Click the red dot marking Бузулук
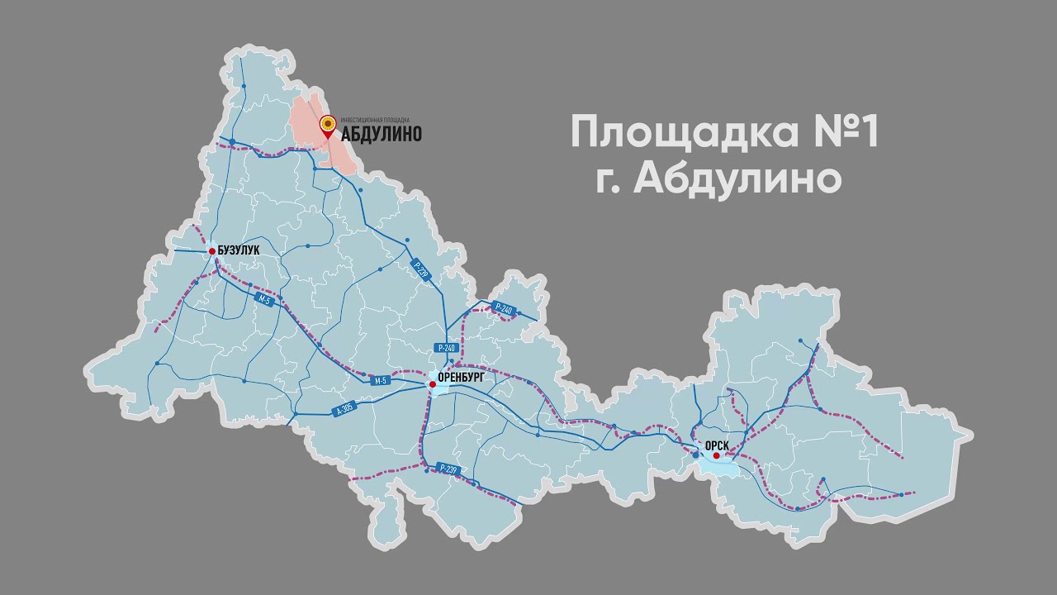(x=212, y=251)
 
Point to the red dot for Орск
(x=717, y=455)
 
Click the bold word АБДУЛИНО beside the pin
(x=382, y=134)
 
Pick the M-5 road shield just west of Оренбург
(x=381, y=380)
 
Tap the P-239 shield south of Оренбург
(x=448, y=469)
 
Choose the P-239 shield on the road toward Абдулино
(x=421, y=272)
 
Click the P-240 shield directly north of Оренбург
(x=447, y=348)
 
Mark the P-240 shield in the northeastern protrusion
(x=502, y=310)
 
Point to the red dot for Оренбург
(x=432, y=384)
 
